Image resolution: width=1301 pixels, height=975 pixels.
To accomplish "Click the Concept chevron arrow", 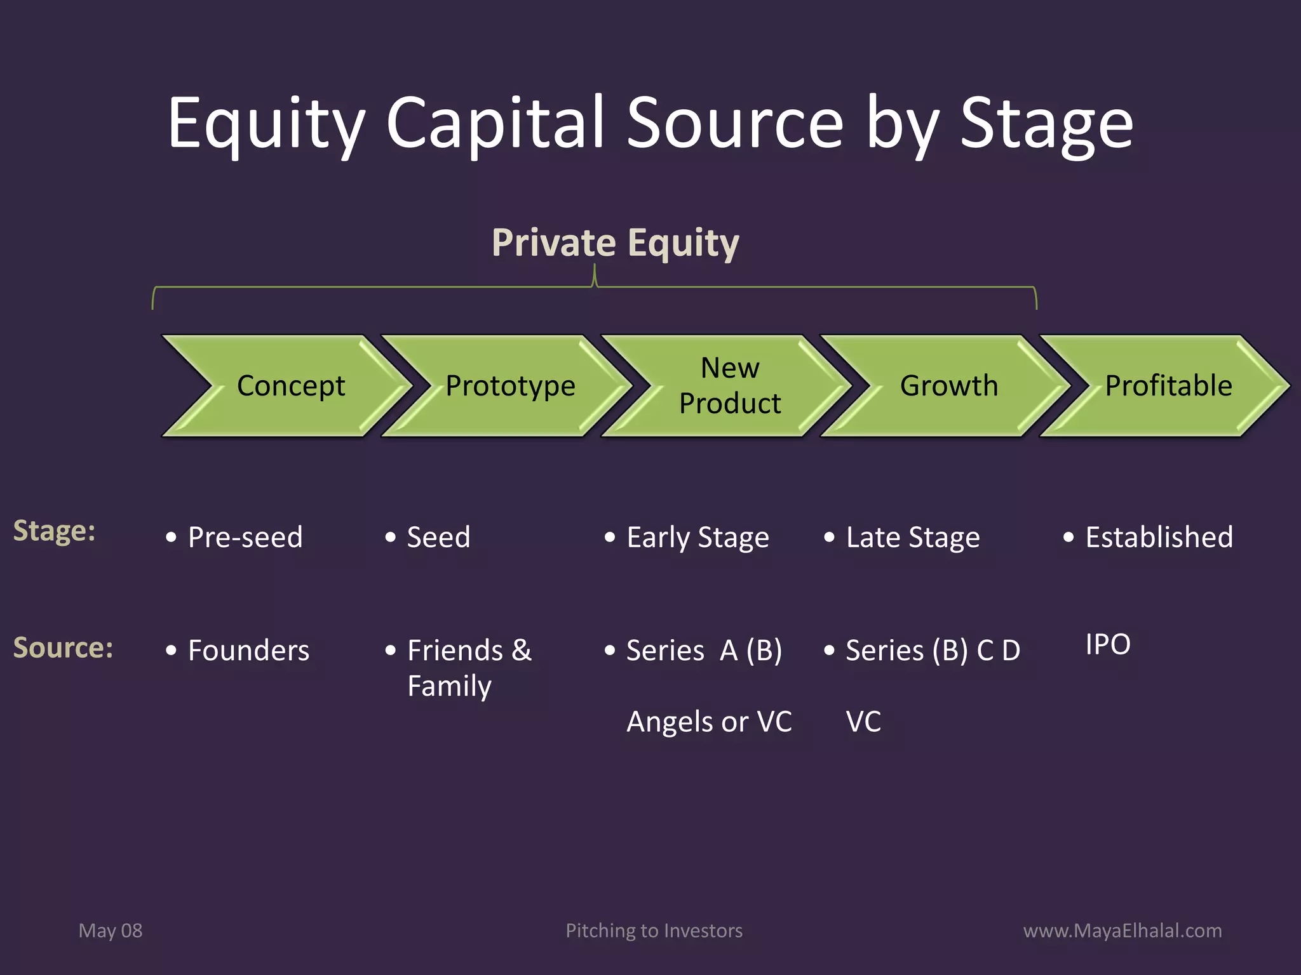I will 290,386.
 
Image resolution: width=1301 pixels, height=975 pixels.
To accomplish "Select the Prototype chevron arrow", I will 510,386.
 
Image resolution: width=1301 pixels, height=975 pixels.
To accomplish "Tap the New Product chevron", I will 729,386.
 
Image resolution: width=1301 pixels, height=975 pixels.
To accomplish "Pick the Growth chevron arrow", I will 948,386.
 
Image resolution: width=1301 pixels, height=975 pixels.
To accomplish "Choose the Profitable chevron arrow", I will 1168,386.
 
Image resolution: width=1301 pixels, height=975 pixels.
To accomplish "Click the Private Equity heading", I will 615,243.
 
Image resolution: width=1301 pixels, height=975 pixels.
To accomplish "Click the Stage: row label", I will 54,531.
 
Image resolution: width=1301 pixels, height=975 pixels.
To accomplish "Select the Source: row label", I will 63,648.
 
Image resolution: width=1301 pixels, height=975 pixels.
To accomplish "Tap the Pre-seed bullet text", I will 245,538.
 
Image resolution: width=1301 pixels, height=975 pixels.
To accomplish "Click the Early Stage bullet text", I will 698,538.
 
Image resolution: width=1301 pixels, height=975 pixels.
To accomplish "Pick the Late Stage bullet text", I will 913,538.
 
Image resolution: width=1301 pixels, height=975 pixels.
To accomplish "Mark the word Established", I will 1159,537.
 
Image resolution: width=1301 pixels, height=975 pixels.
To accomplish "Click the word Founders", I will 248,651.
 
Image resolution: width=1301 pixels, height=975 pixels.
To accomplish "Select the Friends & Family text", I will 469,668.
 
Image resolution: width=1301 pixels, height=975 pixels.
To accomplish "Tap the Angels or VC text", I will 709,722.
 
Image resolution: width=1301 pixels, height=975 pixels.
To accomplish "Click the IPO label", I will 1108,644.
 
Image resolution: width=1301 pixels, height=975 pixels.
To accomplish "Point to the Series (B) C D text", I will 933,651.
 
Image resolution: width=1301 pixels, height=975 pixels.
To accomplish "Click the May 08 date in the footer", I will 111,931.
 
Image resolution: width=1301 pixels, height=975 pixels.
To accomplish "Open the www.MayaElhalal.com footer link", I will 1122,931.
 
